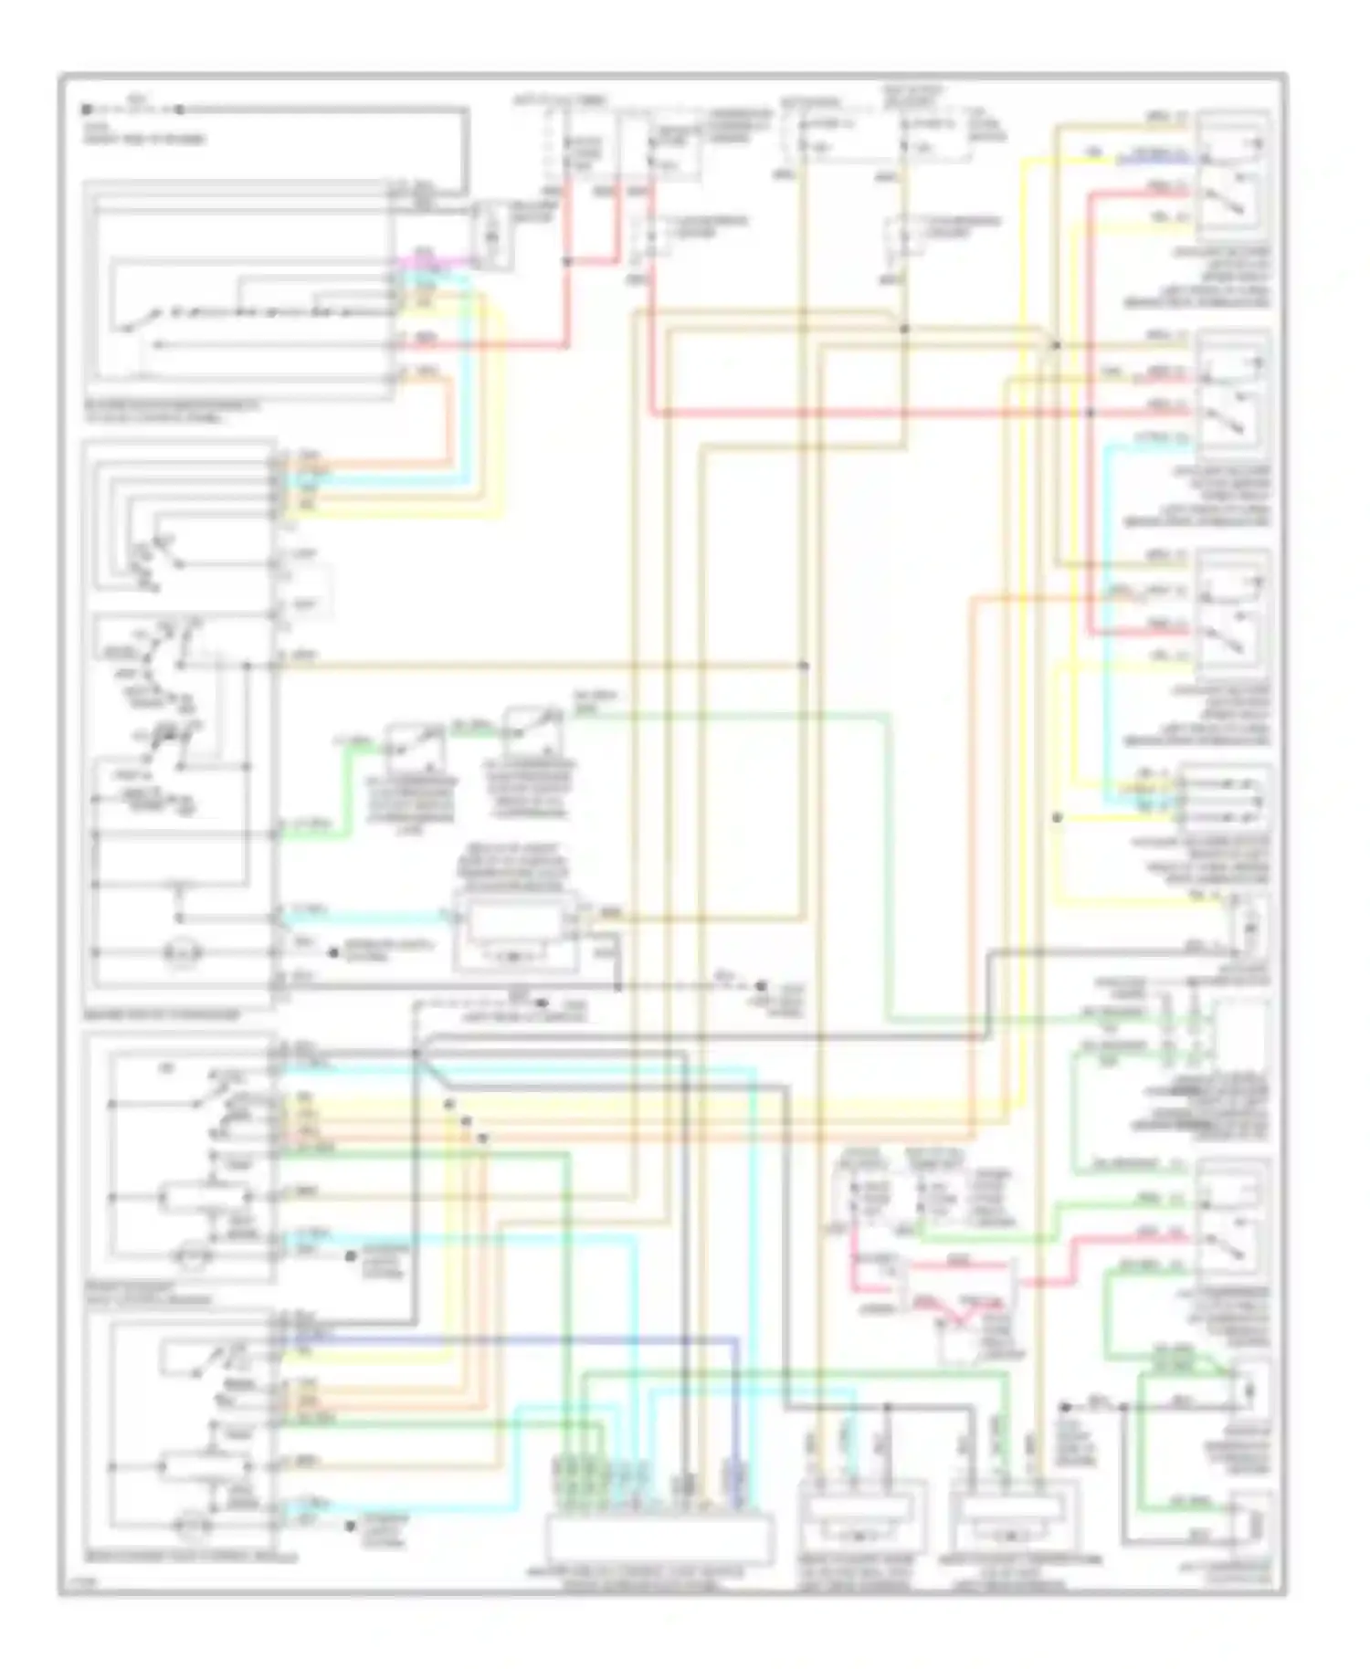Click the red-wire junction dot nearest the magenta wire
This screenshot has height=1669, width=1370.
click(x=567, y=261)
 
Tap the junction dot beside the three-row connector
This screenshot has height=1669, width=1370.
click(x=1057, y=818)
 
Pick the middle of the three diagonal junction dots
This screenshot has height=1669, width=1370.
click(x=466, y=1121)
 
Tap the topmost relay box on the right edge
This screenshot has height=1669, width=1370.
click(x=1233, y=173)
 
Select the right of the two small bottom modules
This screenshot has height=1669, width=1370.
click(x=1014, y=1523)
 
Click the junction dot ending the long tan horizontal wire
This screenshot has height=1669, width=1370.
click(x=804, y=667)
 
